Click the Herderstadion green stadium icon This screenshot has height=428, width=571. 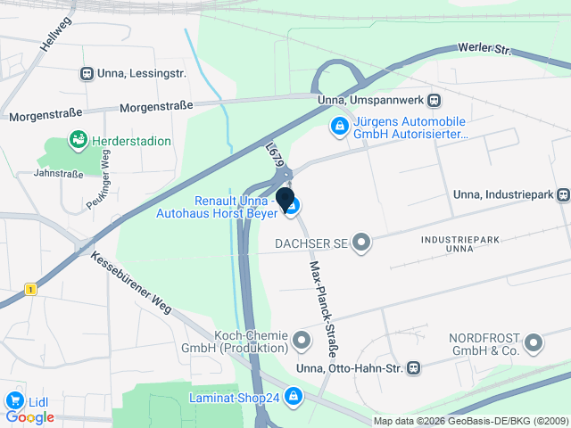79,140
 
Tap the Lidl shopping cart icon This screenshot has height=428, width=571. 14,400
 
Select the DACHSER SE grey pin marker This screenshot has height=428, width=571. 361,243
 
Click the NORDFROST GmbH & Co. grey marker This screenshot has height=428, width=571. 534,342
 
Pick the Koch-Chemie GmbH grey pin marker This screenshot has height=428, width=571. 302,340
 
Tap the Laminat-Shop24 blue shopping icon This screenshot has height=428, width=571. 295,397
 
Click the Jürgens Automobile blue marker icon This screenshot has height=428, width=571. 339,128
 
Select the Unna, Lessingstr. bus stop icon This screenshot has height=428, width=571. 87,74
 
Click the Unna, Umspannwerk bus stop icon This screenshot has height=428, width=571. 434,100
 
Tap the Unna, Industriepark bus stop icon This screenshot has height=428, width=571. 563,194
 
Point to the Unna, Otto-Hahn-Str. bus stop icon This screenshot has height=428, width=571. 414,367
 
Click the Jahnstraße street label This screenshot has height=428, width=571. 57,175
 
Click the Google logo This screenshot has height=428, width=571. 30,417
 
